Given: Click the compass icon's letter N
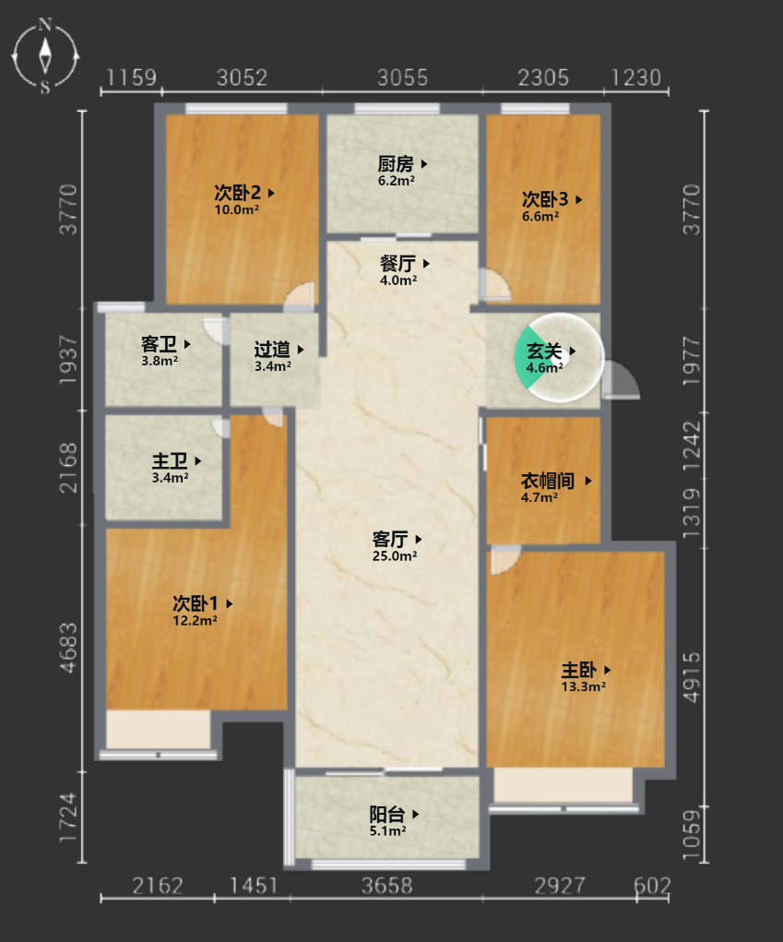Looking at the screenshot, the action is (x=45, y=25).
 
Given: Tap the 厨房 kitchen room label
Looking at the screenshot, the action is (x=396, y=163).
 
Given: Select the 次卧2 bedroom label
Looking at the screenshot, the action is (x=238, y=193).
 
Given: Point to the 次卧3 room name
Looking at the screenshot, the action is (x=545, y=199).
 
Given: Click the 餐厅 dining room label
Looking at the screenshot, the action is (x=397, y=263).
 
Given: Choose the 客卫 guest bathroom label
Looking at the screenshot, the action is (x=160, y=344).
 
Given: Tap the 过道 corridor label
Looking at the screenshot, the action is (x=272, y=349).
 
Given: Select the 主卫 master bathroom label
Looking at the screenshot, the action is (x=170, y=461).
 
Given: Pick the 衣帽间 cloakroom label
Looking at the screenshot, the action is (x=548, y=481).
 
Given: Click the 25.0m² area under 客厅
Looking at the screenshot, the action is (x=395, y=556).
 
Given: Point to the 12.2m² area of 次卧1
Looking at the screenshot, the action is (x=196, y=621).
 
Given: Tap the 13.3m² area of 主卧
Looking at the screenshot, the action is (x=584, y=686).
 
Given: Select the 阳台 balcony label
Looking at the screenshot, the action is (x=387, y=815).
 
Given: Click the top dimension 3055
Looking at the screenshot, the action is (x=402, y=78).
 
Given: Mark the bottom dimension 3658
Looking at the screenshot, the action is (x=387, y=886).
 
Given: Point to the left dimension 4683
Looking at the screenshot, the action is (x=68, y=648).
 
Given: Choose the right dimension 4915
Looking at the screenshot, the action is (x=692, y=677).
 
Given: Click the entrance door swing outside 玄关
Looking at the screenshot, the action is (x=622, y=380).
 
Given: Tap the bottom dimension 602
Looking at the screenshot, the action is (x=652, y=886).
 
